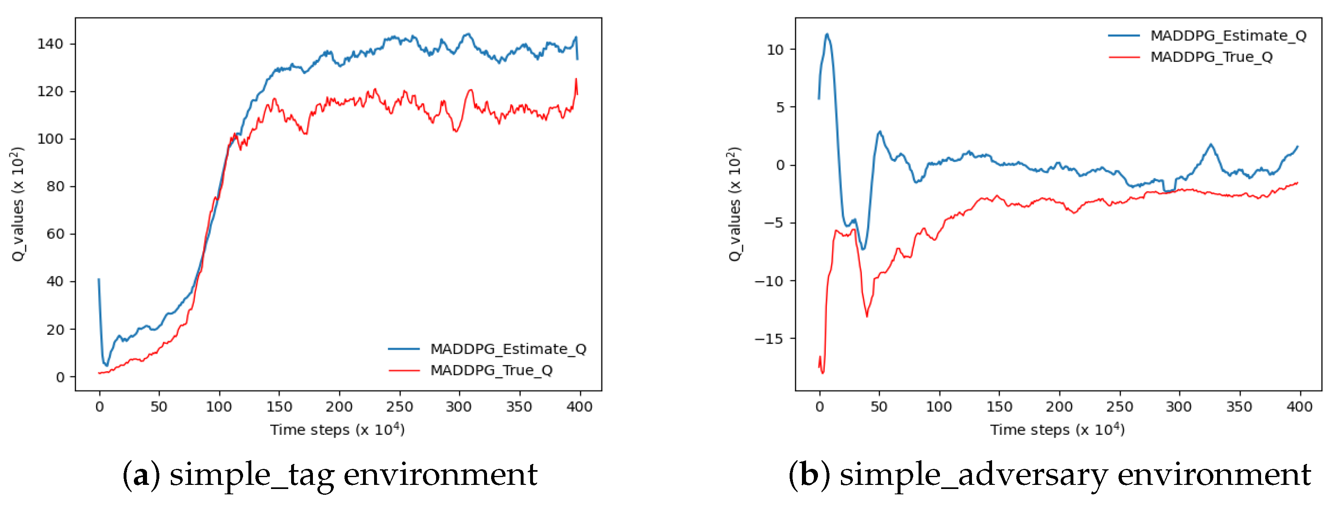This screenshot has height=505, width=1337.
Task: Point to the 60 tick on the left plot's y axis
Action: coord(55,234)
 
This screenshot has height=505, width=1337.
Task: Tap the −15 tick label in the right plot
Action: coord(768,339)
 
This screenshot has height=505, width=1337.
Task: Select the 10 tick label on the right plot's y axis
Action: coord(775,50)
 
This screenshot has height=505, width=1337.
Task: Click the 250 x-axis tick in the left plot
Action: coord(399,407)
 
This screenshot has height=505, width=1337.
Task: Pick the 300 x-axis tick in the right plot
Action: coord(1178,407)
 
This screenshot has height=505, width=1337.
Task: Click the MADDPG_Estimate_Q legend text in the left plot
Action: coord(508,349)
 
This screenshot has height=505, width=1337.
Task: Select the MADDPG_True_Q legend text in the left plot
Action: coord(491,370)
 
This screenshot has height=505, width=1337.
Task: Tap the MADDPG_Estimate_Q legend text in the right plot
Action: coord(1228,35)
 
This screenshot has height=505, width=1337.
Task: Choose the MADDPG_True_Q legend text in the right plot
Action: coord(1211,57)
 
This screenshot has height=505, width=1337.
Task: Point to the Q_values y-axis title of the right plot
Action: coord(735,204)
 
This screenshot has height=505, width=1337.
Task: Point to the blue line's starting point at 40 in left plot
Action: coord(99,280)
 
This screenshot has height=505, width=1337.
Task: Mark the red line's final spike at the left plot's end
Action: coord(576,79)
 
